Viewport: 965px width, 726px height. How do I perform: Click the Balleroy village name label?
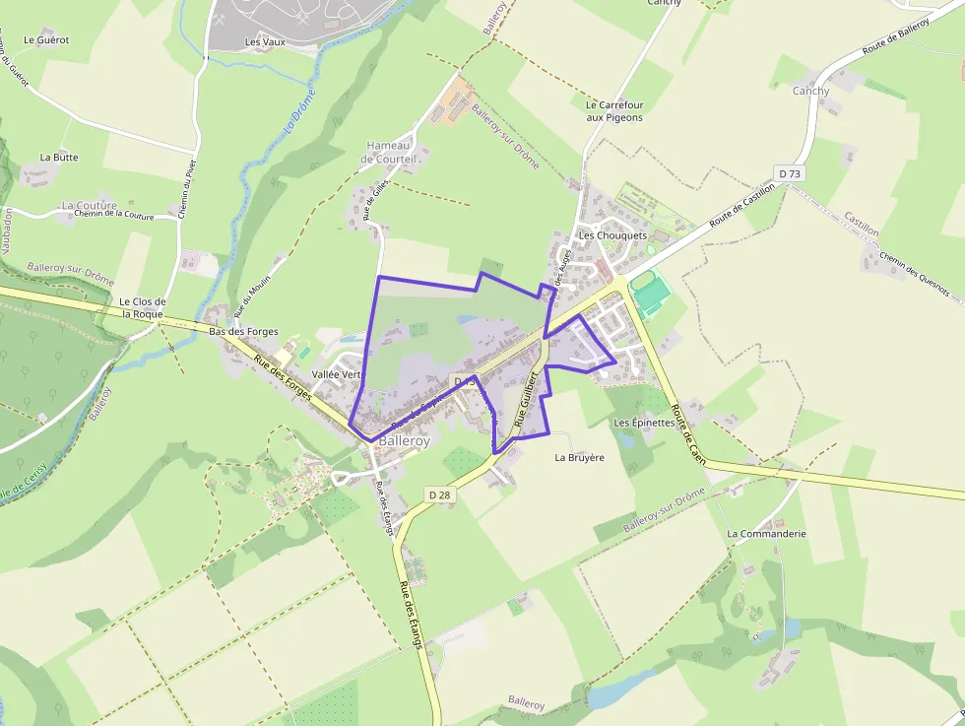(x=404, y=442)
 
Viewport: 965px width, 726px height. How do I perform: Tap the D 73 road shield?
(x=790, y=173)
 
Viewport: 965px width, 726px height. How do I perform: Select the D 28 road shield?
(x=439, y=493)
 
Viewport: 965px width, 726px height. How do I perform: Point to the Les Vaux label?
(x=265, y=42)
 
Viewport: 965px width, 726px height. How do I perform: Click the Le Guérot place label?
(x=46, y=40)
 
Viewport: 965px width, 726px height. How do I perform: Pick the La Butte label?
(x=59, y=157)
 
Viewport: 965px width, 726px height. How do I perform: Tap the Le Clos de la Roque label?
(x=142, y=307)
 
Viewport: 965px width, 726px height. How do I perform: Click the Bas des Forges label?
(x=243, y=332)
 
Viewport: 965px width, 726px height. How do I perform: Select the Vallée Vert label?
(x=337, y=375)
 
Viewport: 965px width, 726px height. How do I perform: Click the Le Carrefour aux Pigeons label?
(x=613, y=111)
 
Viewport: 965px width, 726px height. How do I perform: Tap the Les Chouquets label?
(x=612, y=235)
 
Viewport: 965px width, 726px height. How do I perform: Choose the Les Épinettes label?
(x=644, y=423)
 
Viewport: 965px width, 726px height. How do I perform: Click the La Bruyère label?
(x=579, y=457)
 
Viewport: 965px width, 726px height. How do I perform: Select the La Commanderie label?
(x=766, y=533)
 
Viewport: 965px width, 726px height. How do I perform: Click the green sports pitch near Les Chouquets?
(x=650, y=293)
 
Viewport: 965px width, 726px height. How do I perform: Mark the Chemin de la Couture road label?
(x=114, y=216)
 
